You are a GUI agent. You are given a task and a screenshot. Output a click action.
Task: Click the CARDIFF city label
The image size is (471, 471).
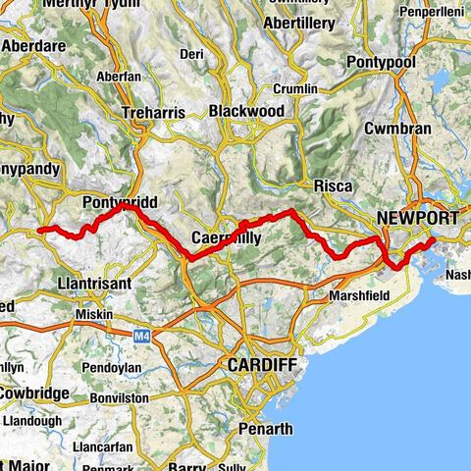click(259, 364)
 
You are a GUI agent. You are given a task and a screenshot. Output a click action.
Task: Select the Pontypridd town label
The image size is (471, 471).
click(122, 202)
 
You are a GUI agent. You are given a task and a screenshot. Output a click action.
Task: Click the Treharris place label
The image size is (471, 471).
click(152, 113)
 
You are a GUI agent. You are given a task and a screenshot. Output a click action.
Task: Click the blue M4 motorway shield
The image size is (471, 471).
click(141, 334)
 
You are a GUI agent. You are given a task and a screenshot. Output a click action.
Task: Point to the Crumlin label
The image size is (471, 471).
click(297, 88)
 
